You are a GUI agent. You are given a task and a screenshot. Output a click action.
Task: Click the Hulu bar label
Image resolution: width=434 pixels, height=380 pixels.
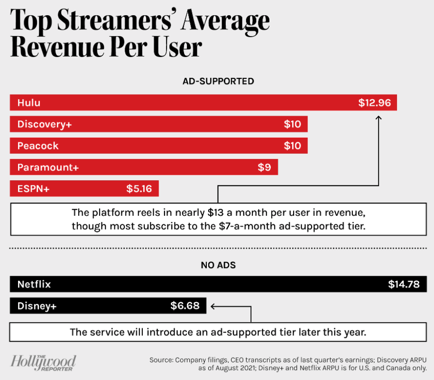click(29, 102)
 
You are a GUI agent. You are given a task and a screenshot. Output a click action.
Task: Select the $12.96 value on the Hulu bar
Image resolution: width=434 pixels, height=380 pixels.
click(375, 102)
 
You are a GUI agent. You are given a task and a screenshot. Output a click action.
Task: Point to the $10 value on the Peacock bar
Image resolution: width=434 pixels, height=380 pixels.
click(292, 146)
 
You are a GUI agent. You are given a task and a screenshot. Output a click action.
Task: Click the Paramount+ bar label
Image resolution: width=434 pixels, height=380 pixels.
click(48, 167)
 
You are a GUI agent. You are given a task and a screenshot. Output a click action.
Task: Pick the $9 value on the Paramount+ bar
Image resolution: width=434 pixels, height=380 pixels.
click(264, 167)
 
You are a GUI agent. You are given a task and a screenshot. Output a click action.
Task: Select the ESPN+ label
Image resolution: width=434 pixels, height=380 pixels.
click(33, 189)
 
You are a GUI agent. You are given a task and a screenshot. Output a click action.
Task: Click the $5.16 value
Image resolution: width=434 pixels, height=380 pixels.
click(139, 189)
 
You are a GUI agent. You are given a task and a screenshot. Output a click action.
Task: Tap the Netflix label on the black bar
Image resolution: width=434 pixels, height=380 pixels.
click(34, 285)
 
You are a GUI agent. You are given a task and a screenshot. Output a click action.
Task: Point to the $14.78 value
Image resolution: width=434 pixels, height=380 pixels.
click(404, 285)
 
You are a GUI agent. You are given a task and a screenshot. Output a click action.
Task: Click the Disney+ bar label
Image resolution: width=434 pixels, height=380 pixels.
click(37, 306)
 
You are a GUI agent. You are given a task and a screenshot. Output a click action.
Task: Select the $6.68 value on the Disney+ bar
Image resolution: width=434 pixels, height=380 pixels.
click(185, 306)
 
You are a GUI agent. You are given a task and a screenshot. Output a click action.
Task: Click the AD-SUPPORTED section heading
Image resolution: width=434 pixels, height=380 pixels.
click(218, 81)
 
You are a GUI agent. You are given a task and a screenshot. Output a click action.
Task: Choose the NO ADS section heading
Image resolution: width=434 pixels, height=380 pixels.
click(218, 265)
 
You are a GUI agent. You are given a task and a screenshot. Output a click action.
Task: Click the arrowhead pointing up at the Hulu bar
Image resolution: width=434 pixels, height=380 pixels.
click(379, 117)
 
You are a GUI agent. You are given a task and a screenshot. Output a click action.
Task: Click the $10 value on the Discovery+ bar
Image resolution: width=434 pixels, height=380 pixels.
click(292, 124)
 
